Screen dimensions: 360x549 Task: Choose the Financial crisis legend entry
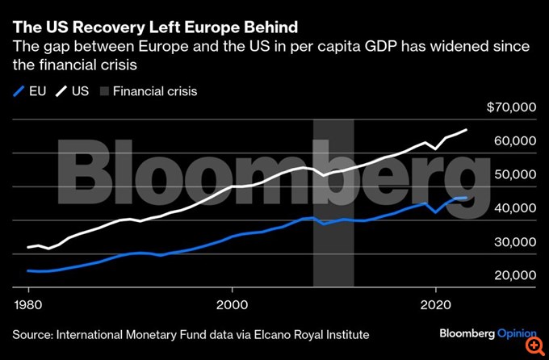click(145, 91)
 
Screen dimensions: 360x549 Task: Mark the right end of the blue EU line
click(466, 198)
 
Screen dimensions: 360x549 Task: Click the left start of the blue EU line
click(28, 270)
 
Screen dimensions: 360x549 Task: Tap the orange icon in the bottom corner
click(533, 344)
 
